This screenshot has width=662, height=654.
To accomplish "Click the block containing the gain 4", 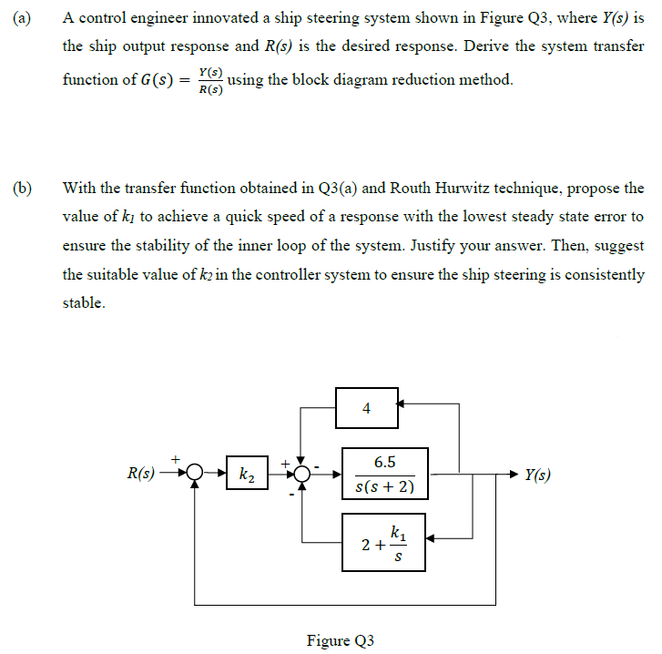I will click(x=366, y=408).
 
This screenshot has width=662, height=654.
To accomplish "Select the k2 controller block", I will click(x=246, y=475).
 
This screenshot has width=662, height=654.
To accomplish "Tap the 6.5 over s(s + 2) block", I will click(x=383, y=475).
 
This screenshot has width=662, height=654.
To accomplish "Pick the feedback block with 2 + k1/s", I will click(x=383, y=542).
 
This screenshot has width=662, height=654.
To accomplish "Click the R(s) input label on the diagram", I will click(x=141, y=475).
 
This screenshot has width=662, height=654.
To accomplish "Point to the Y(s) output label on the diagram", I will click(x=537, y=475).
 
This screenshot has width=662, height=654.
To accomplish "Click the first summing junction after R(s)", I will click(x=195, y=475).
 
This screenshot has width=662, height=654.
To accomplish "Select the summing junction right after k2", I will click(x=302, y=475).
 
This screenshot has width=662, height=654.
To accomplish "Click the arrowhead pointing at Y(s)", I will click(x=514, y=475).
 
